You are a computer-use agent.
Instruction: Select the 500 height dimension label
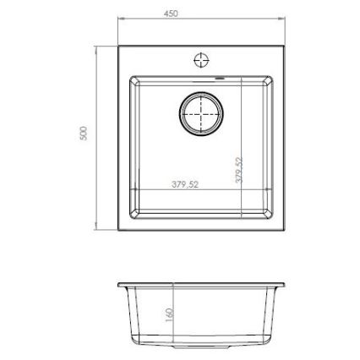tap(84, 134)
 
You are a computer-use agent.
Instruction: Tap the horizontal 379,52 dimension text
tap(184, 184)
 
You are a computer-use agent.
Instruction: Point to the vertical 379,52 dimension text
tap(238, 169)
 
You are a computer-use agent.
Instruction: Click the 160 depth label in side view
tap(169, 314)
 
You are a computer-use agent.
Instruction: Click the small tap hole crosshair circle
tap(201, 59)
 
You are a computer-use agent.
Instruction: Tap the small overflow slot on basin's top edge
tap(223, 78)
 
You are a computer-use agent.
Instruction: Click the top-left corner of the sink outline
tap(118, 46)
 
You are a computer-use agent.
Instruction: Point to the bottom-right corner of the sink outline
tap(284, 230)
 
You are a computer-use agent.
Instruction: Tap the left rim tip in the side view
tap(119, 285)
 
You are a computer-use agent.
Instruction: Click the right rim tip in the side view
tap(284, 285)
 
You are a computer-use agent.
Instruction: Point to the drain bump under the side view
tap(201, 347)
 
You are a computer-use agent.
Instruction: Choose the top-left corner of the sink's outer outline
tap(118, 46)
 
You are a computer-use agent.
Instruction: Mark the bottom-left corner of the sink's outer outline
tap(118, 230)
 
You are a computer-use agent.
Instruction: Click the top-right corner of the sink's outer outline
tap(284, 46)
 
